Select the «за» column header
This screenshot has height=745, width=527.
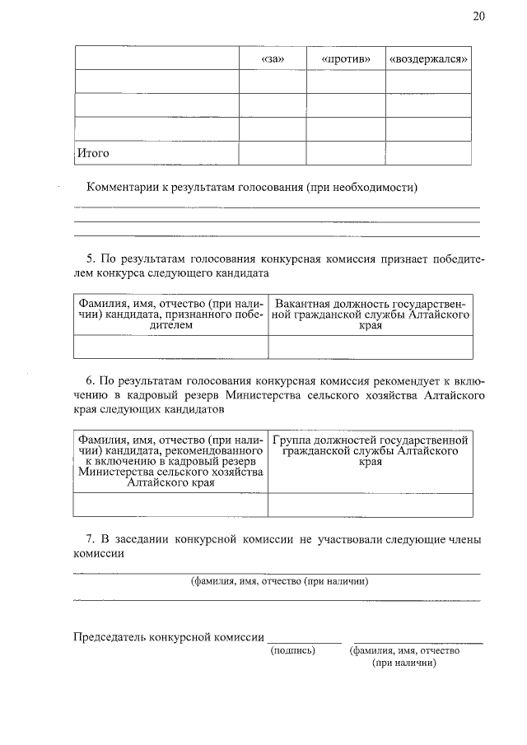click(x=272, y=59)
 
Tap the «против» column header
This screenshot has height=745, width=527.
click(x=345, y=59)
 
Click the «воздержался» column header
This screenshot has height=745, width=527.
click(x=429, y=59)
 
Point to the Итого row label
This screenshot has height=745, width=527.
click(x=93, y=153)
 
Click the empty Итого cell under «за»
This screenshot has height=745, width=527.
click(x=272, y=153)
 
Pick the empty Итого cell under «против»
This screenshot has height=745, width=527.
click(x=345, y=153)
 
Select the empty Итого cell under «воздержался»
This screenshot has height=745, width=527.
click(x=429, y=153)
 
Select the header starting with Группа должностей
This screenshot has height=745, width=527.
click(x=371, y=451)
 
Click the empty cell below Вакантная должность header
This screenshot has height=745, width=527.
click(x=371, y=347)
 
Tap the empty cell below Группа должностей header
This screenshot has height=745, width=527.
click(x=371, y=504)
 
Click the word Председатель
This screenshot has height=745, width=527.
click(x=112, y=636)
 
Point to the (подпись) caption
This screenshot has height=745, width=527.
click(x=293, y=650)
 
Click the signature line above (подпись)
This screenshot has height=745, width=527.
click(x=304, y=641)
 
